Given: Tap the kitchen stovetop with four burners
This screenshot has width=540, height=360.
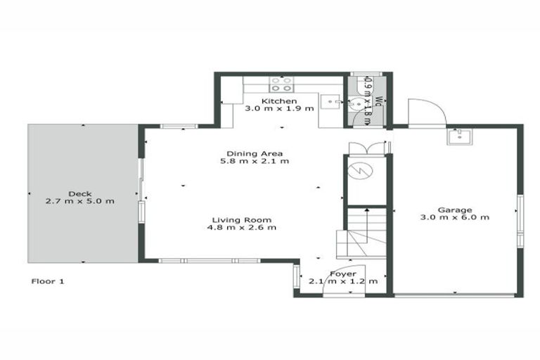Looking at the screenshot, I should (281, 84).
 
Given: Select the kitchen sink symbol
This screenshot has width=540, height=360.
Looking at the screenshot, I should (331, 102).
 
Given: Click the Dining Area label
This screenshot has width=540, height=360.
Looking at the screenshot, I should (255, 153).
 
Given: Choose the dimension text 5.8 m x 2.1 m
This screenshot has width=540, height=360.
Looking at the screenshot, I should (255, 162).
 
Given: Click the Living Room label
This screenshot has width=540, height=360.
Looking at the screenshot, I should (242, 219).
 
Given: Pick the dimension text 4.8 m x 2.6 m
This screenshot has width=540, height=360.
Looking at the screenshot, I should (242, 228).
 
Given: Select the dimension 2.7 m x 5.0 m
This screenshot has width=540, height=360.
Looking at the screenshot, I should (79, 202).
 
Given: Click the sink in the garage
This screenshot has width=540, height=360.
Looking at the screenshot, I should (458, 136).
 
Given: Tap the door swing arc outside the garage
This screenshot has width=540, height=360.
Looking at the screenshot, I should (426, 112).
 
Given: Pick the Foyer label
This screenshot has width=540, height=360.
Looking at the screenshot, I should (343, 274).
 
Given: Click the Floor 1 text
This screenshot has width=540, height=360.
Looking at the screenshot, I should (49, 281).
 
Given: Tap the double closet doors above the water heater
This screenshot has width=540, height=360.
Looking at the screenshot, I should (367, 148).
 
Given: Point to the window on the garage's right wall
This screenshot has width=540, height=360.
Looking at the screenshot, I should (520, 221).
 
